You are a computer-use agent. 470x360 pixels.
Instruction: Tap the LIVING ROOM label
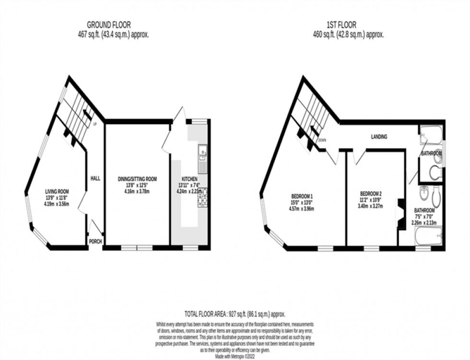click(57, 190)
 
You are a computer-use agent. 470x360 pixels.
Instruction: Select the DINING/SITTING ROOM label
click(138, 178)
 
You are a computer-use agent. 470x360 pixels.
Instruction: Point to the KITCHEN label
click(190, 178)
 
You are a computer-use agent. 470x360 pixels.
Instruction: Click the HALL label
click(95, 178)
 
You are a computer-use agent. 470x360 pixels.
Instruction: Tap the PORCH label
click(95, 241)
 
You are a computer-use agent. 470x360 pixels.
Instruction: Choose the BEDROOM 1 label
click(302, 196)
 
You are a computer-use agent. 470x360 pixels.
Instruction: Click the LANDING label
click(379, 137)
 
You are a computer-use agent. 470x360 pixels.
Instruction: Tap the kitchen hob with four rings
click(203, 197)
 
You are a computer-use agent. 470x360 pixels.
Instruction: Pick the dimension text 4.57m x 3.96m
click(302, 209)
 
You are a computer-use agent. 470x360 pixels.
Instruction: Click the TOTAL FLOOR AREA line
click(235, 314)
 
